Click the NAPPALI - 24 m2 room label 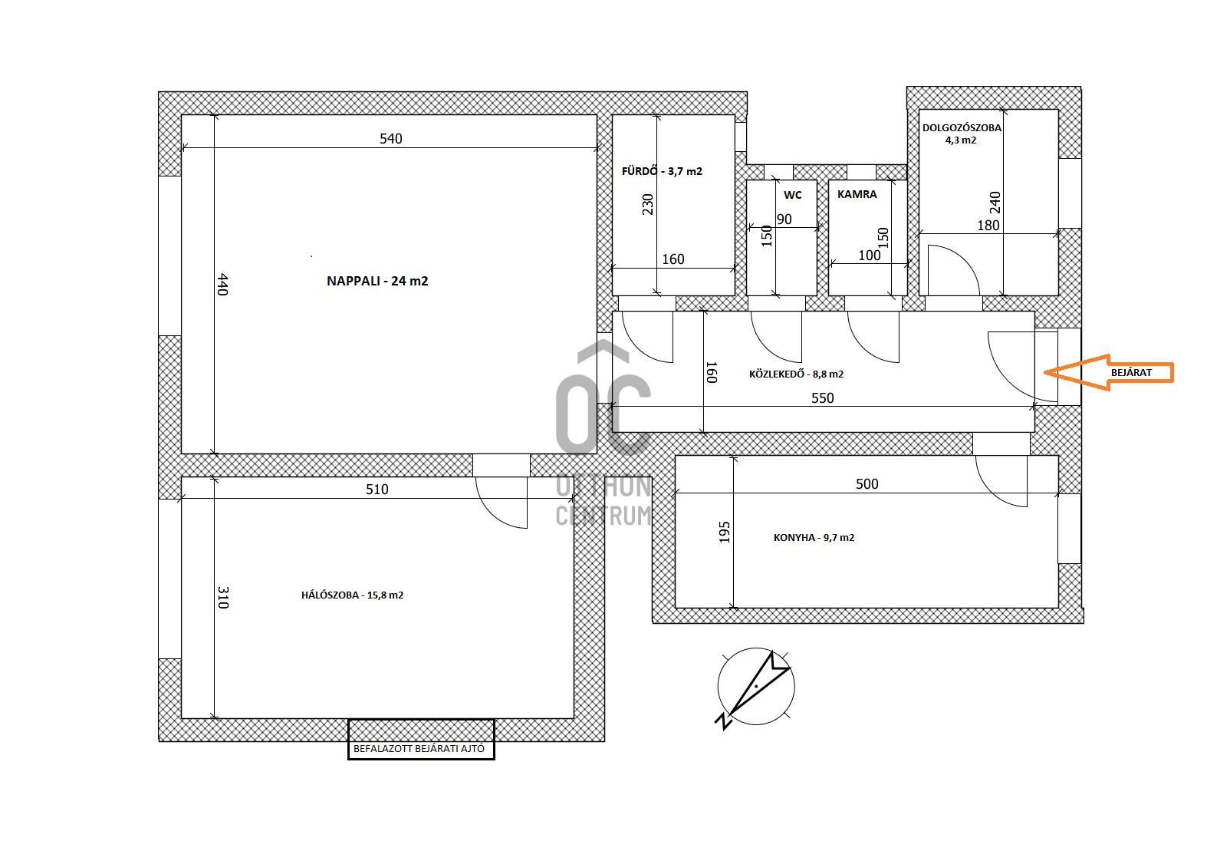(x=377, y=281)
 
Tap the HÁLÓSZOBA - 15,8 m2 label (x=353, y=595)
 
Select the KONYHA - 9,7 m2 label (x=814, y=537)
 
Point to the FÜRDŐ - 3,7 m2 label (x=662, y=171)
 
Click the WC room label (x=793, y=195)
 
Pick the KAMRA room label (x=857, y=194)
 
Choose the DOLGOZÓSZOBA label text (x=962, y=128)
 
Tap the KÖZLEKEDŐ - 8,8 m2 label (x=796, y=374)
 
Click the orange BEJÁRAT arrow (x=1108, y=372)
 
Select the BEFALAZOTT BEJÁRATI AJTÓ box (x=421, y=740)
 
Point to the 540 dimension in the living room (x=390, y=139)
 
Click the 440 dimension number (x=222, y=284)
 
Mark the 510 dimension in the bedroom (x=377, y=490)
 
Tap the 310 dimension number (x=222, y=598)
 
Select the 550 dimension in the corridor (x=822, y=398)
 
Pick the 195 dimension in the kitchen (x=724, y=532)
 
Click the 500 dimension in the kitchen (x=867, y=483)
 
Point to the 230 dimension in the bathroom (x=647, y=204)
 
